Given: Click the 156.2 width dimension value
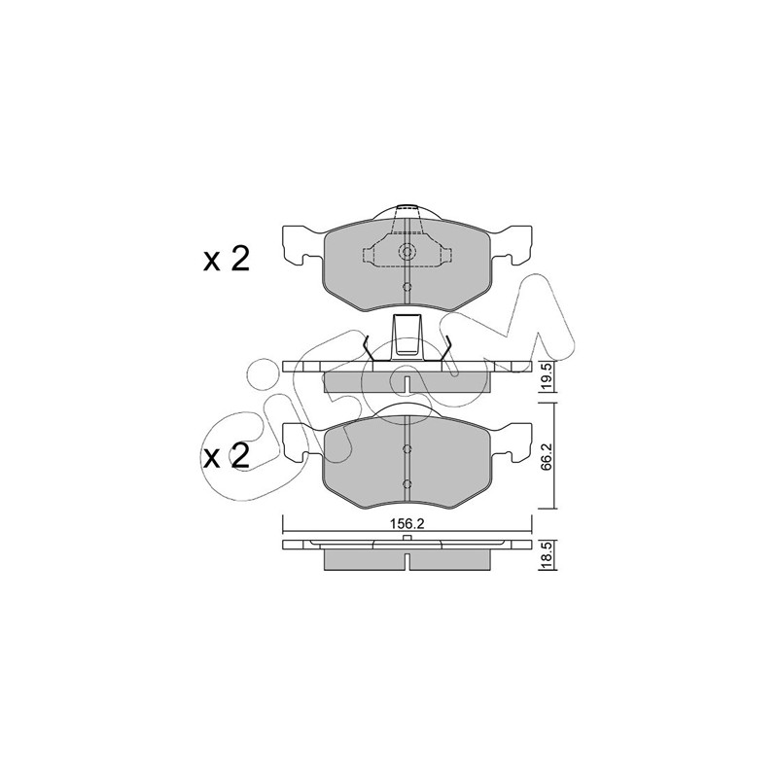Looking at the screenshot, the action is tap(407, 524).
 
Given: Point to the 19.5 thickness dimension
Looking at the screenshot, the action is tap(548, 376).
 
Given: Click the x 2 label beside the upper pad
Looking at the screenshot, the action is tap(227, 260).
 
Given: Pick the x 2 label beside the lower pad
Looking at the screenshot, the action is tap(227, 456).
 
